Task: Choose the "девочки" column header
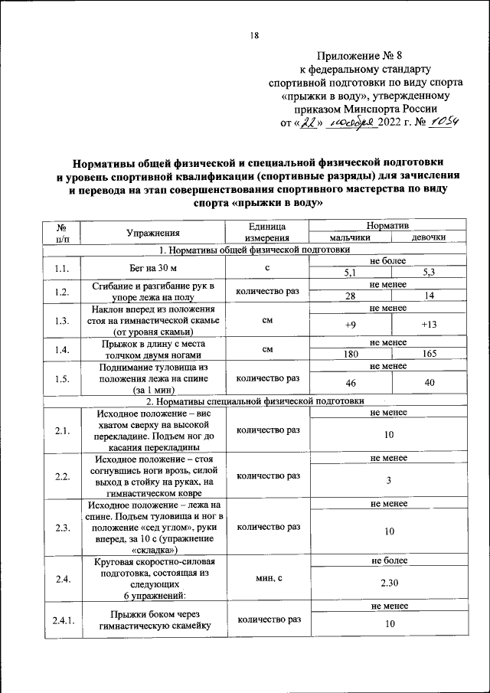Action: point(429,238)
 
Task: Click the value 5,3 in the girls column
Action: point(429,273)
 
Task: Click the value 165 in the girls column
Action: point(429,355)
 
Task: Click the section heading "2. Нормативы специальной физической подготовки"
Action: point(253,400)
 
